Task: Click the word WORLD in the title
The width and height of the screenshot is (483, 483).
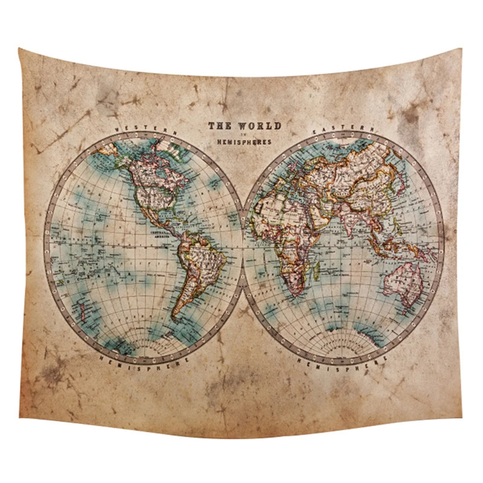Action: coord(261,126)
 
